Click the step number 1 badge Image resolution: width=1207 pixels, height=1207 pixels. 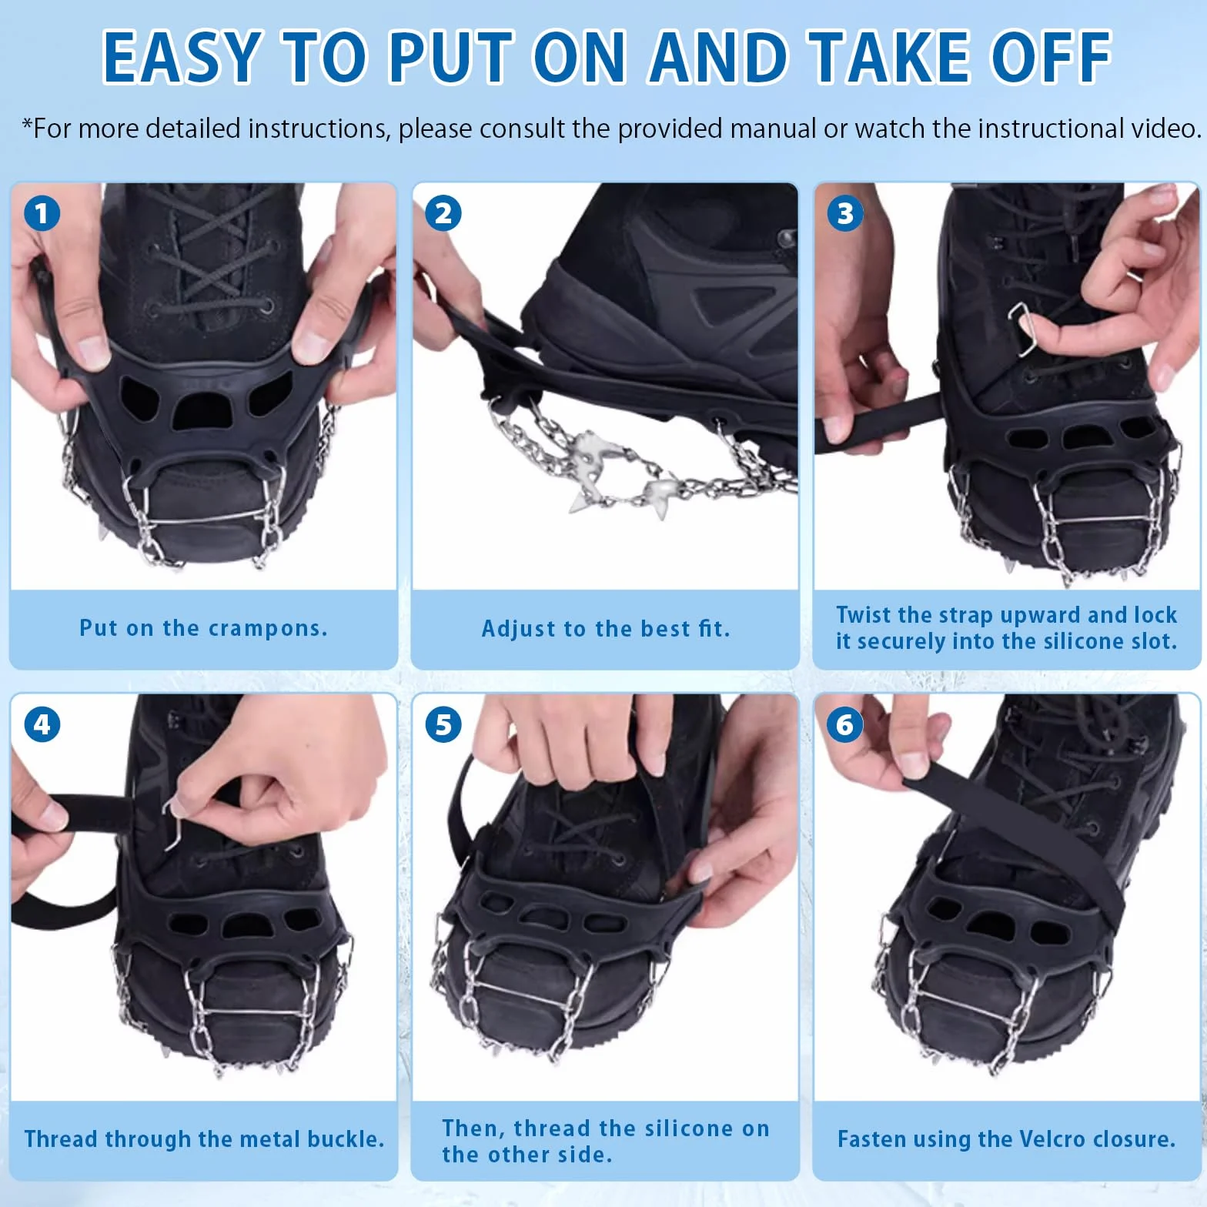coord(42,213)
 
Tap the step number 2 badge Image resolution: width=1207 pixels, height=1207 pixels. coord(443,213)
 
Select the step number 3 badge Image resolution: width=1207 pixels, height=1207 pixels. coord(845,213)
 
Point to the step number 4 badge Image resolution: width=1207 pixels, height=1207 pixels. coord(42,724)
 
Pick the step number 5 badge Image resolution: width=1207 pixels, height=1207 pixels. coord(443,724)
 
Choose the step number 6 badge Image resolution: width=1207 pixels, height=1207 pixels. coord(845,724)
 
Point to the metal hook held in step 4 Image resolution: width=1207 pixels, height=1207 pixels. coord(176,824)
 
